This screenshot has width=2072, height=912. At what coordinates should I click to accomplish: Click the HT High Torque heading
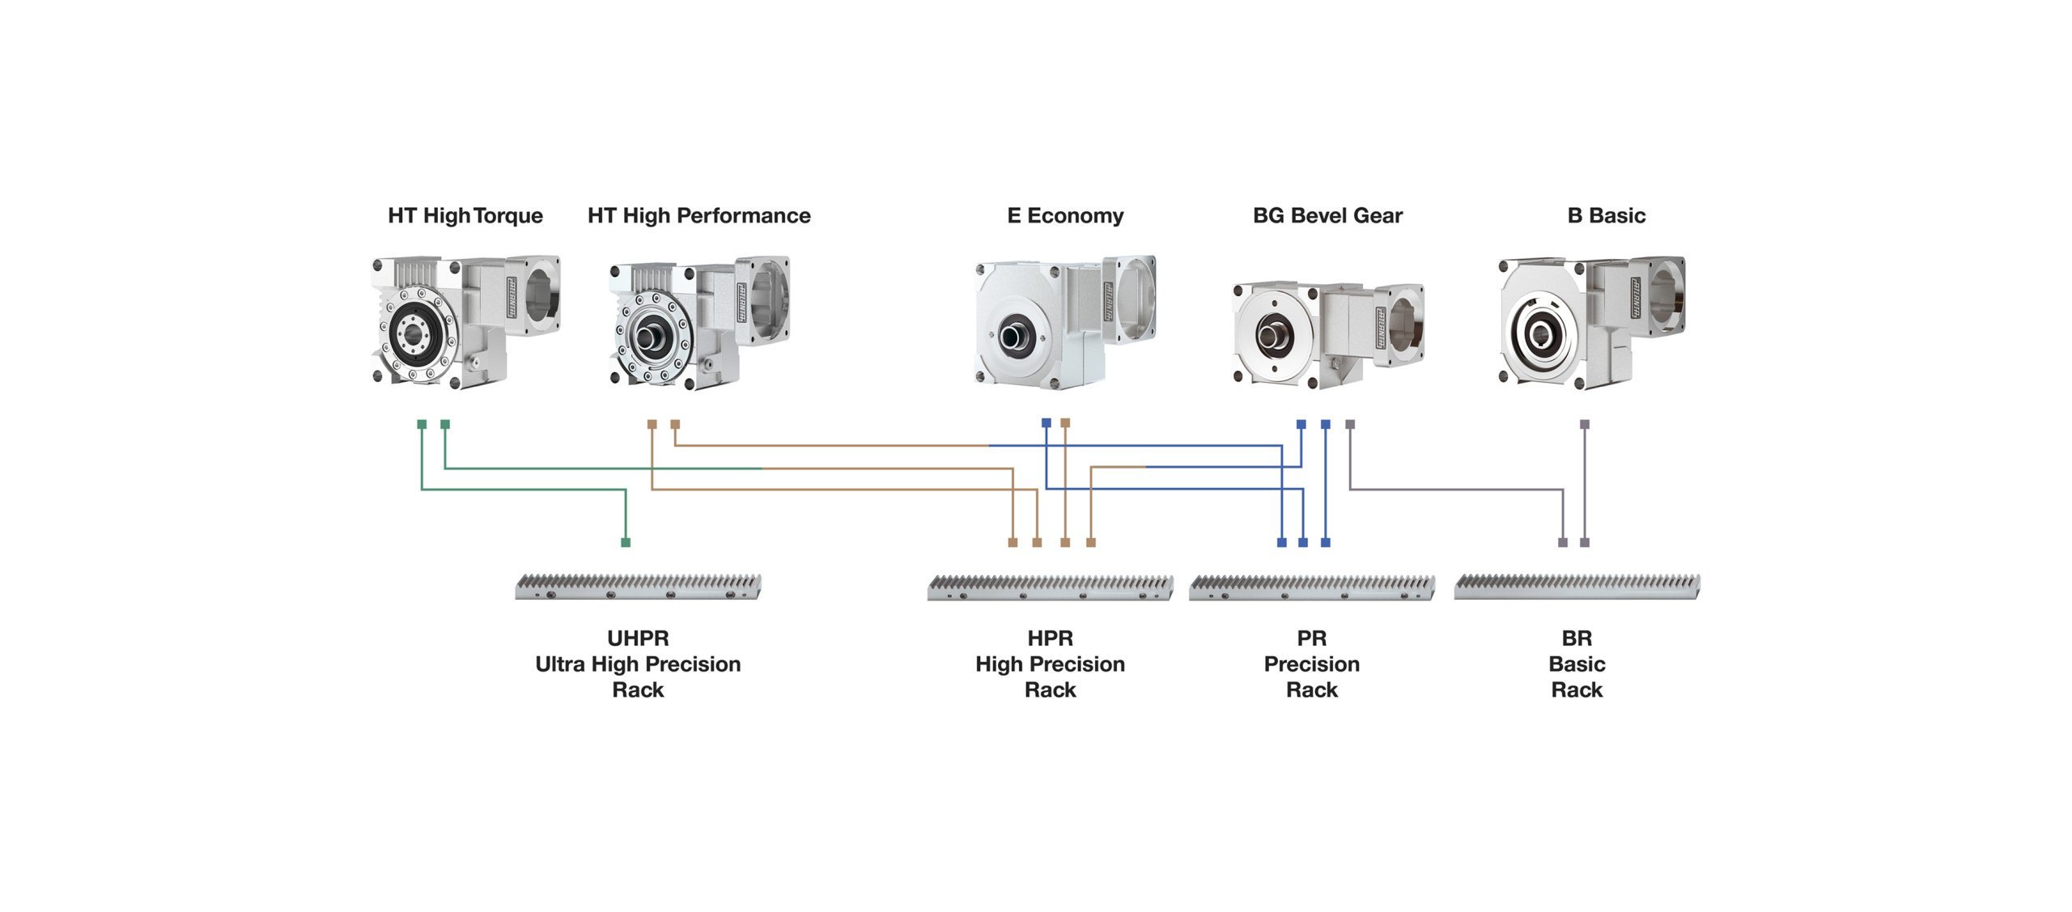pyautogui.click(x=465, y=215)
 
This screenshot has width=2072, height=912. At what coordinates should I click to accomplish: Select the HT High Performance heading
pyautogui.click(x=698, y=215)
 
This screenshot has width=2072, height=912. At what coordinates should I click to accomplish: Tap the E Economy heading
pyautogui.click(x=1064, y=215)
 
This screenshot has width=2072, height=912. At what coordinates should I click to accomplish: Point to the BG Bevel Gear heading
pyautogui.click(x=1327, y=215)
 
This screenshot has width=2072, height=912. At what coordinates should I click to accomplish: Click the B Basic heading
pyautogui.click(x=1606, y=215)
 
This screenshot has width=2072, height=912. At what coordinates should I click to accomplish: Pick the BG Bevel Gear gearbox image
pyautogui.click(x=1327, y=333)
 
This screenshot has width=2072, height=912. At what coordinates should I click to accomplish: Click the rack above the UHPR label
pyautogui.click(x=638, y=587)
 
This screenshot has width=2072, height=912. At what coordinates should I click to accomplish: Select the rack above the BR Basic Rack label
pyautogui.click(x=1576, y=587)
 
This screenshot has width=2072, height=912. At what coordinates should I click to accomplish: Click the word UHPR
pyautogui.click(x=638, y=638)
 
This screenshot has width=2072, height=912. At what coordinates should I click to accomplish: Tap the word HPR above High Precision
pyautogui.click(x=1050, y=638)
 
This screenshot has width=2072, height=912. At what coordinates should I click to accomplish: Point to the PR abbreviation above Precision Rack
pyautogui.click(x=1311, y=638)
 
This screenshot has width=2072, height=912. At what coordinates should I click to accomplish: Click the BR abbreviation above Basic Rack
pyautogui.click(x=1576, y=638)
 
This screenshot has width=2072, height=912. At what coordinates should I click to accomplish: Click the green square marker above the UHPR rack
pyautogui.click(x=625, y=542)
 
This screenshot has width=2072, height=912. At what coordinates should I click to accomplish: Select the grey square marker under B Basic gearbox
pyautogui.click(x=1584, y=424)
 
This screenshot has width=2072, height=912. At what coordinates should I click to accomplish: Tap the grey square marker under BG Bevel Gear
pyautogui.click(x=1349, y=424)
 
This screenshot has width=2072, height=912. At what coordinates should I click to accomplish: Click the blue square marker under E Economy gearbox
pyautogui.click(x=1046, y=422)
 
